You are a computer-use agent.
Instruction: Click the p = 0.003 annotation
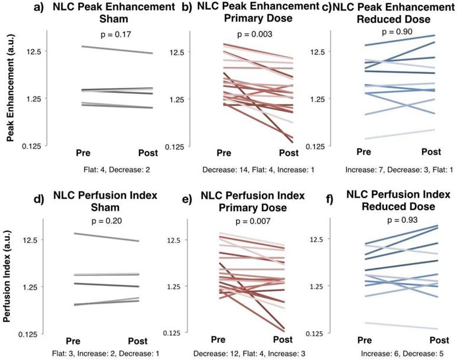coord(255,35)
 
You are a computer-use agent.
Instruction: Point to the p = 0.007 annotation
coord(255,222)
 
